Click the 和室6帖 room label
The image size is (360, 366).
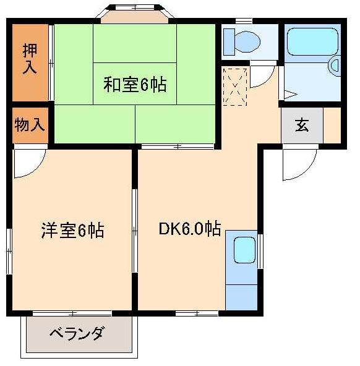[134, 85]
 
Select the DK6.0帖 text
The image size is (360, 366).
[189, 229]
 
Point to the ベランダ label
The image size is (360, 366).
[76, 334]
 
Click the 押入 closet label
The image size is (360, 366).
[29, 58]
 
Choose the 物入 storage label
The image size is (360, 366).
[29, 125]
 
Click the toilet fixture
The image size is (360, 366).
[243, 41]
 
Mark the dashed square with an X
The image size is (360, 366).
[235, 86]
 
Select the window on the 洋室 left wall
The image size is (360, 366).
[9, 250]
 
